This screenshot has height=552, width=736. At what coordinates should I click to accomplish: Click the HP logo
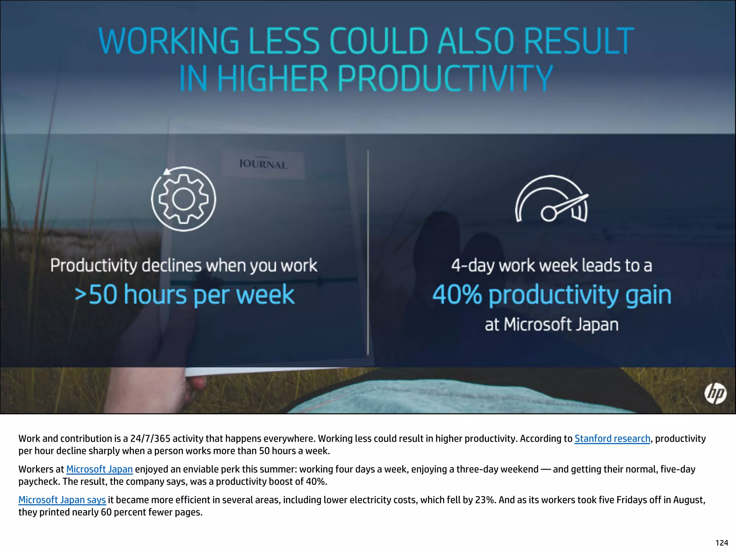(715, 393)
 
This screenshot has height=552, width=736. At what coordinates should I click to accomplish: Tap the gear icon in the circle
(183, 199)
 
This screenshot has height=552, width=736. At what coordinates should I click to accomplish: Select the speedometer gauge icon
(552, 199)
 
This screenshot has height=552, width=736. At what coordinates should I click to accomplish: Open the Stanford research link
(612, 438)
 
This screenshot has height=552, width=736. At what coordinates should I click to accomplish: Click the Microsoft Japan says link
(62, 500)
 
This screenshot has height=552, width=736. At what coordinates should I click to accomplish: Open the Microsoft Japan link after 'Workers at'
(100, 469)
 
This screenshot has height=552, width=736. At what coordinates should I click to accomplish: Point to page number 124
(722, 543)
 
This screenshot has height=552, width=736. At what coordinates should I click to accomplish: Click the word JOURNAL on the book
(263, 165)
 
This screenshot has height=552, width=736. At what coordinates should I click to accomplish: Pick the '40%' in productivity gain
(457, 295)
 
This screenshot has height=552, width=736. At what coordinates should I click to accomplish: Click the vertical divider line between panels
(368, 252)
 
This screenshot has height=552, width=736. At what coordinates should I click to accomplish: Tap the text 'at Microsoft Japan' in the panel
(552, 325)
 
